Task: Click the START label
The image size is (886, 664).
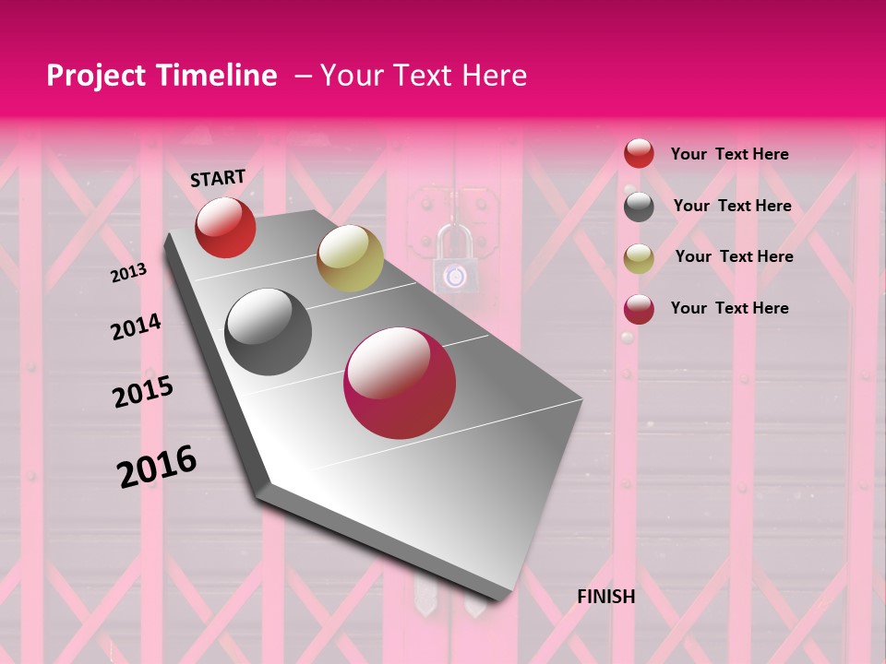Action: [x=218, y=178]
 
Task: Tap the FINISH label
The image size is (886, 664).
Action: [x=605, y=597]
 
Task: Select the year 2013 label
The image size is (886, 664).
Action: [x=128, y=272]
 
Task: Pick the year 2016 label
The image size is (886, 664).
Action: [x=157, y=467]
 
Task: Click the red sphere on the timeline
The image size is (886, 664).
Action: [x=225, y=228]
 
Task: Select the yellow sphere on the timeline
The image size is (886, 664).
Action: [x=350, y=258]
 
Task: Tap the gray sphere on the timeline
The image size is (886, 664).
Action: [x=269, y=332]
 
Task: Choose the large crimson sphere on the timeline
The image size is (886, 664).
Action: [x=400, y=383]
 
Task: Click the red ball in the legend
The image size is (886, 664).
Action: [x=639, y=154]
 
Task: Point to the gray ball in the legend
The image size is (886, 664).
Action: [x=639, y=207]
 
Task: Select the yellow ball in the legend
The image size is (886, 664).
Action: [x=639, y=257]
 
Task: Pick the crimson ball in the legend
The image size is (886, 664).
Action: [x=639, y=309]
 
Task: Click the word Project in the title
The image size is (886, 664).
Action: [x=93, y=76]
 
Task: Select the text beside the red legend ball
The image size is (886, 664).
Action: [x=729, y=154]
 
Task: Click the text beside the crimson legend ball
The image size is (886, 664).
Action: [x=729, y=308]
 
